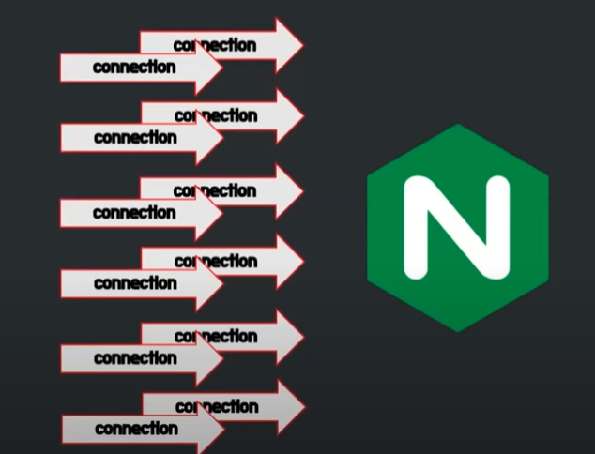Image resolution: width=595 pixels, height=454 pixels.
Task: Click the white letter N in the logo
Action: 457,227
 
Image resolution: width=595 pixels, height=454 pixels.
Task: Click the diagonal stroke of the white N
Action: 457,227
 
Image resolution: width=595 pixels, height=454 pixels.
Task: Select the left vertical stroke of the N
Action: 416,227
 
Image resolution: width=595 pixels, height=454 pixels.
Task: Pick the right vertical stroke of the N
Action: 498,227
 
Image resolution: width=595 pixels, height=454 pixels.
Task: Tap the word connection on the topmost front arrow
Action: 134,67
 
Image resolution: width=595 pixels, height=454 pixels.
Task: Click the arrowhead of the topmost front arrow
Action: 208,68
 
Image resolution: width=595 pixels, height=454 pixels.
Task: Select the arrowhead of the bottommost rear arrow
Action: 289,406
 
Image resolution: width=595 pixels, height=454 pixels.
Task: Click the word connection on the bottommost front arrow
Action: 136,429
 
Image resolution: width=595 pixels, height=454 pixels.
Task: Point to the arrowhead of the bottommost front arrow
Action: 210,430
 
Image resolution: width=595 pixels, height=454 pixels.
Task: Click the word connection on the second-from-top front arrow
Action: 135,137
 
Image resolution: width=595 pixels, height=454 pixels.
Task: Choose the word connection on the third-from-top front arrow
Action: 134,212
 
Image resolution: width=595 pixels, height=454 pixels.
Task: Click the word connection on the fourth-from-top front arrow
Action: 135,282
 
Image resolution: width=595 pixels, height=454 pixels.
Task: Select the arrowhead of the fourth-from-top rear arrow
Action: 288,261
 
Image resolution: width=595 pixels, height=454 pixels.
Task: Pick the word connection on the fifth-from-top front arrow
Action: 135,357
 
